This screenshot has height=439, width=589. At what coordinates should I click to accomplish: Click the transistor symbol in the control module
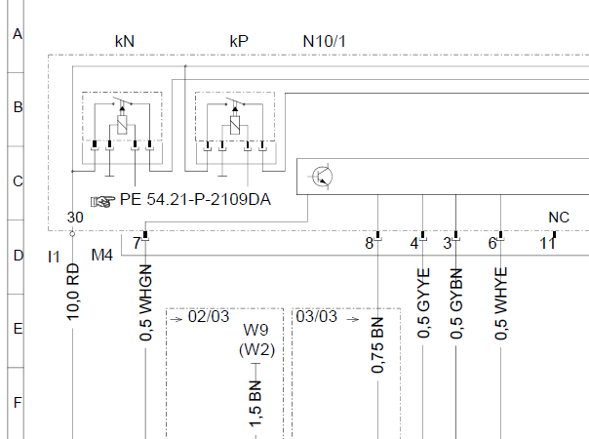point(323,177)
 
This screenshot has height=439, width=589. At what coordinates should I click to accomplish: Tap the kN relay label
point(125,41)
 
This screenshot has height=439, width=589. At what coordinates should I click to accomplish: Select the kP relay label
point(239,41)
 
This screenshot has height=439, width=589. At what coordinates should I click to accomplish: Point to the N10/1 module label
point(324,41)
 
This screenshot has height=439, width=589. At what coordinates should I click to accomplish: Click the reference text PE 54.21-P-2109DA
point(195,200)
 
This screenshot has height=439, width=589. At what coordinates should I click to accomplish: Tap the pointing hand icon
point(102,201)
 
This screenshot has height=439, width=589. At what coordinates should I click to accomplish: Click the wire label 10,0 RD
point(73,292)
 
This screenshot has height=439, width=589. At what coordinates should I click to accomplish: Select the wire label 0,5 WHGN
point(145,303)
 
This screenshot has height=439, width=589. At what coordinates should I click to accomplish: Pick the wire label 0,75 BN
point(377,345)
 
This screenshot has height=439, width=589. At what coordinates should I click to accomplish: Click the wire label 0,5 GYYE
point(423,303)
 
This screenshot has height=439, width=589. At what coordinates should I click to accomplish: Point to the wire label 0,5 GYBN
point(456,303)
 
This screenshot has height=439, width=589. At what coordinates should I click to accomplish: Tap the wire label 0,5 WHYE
point(500,303)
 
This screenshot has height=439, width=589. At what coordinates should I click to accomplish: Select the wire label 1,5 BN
point(255,404)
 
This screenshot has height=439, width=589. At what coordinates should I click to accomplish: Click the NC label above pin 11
point(559,218)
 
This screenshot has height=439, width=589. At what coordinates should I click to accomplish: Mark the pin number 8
point(370,244)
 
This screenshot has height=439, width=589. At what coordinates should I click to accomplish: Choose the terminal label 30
point(75,218)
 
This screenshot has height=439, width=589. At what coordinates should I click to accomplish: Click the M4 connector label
point(101,256)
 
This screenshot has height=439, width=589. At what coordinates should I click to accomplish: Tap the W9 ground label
point(255,330)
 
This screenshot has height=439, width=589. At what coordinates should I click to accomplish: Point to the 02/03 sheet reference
point(209,316)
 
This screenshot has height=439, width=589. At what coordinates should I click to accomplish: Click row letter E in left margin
point(18,329)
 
